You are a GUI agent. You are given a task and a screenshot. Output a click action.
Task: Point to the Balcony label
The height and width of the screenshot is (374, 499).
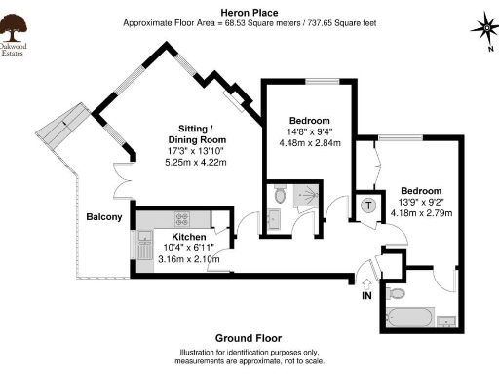click(103, 216)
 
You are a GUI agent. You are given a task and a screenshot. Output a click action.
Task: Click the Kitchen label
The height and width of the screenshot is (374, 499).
click(187, 237)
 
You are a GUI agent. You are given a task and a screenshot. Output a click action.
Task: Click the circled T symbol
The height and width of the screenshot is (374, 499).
click(368, 205)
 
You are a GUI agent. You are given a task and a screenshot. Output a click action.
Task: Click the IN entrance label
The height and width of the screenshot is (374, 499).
click(366, 295)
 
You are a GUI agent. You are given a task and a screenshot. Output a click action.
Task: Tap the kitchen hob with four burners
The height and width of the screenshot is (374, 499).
click(181, 219)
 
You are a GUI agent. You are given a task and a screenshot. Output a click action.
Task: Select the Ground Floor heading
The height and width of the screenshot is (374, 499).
click(249, 339)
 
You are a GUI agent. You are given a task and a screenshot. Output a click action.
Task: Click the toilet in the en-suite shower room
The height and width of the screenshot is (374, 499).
click(280, 195)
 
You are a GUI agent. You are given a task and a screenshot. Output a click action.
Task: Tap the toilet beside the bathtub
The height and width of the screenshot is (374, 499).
click(397, 292)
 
